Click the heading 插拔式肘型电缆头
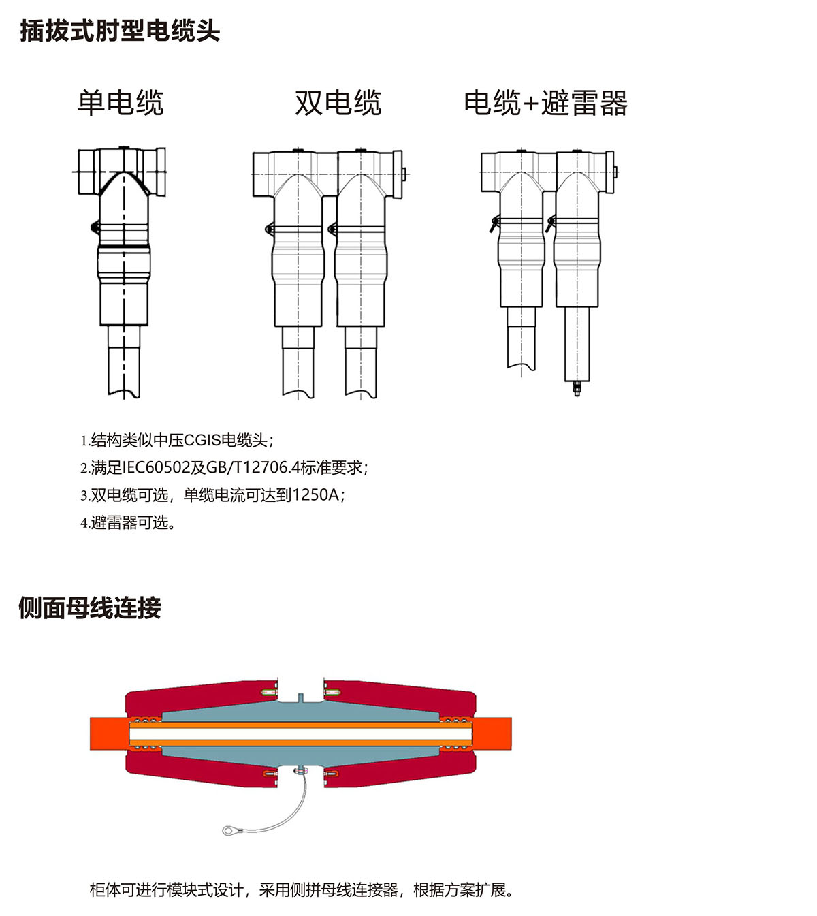pyautogui.click(x=120, y=31)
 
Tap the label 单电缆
pyautogui.click(x=121, y=103)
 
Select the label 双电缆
pyautogui.click(x=338, y=103)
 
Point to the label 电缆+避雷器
pyautogui.click(x=546, y=103)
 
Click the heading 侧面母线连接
pyautogui.click(x=90, y=607)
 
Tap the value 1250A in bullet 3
pyautogui.click(x=316, y=495)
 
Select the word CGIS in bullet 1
pyautogui.click(x=202, y=440)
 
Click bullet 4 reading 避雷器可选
pyautogui.click(x=129, y=522)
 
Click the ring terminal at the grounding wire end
pyautogui.click(x=227, y=831)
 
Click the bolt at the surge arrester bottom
pyautogui.click(x=577, y=388)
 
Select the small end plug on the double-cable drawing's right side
pyautogui.click(x=404, y=174)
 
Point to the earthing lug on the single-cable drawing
pyautogui.click(x=95, y=227)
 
